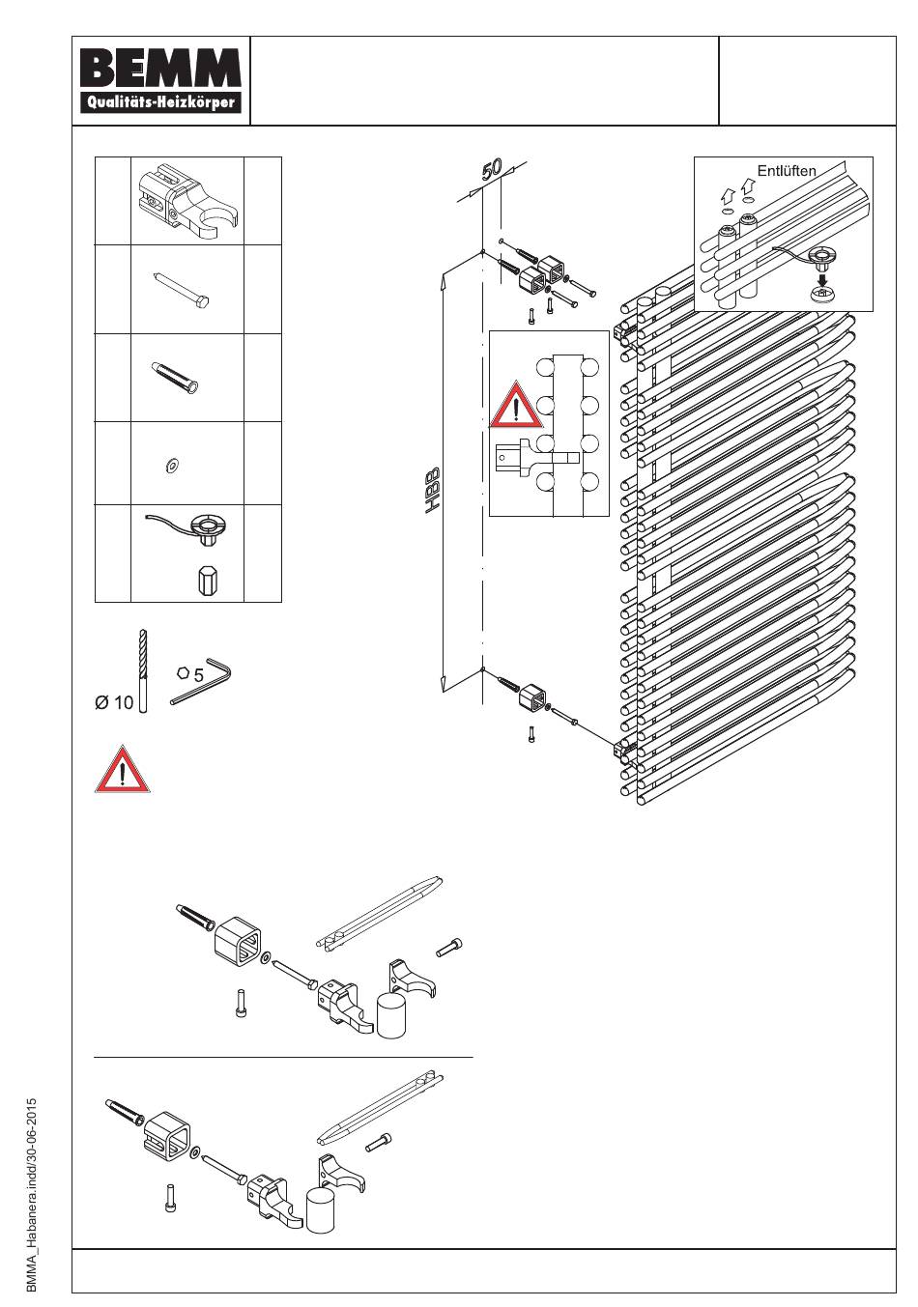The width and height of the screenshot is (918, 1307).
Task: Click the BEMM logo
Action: (161, 81)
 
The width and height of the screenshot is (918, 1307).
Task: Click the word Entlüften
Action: (786, 171)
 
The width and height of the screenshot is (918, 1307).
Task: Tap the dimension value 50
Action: (491, 169)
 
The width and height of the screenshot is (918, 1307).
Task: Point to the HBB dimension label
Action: (434, 491)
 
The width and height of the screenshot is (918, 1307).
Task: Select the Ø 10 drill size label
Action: (114, 702)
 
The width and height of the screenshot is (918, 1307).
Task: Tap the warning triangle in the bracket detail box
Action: (516, 406)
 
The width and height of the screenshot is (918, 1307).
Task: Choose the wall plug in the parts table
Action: (176, 377)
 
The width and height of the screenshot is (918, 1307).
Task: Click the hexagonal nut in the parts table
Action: (206, 582)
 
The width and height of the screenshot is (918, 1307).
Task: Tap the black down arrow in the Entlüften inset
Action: (820, 281)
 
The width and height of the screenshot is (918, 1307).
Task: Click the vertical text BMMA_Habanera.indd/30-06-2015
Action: (32, 1194)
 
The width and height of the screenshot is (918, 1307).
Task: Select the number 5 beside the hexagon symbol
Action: (198, 675)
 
